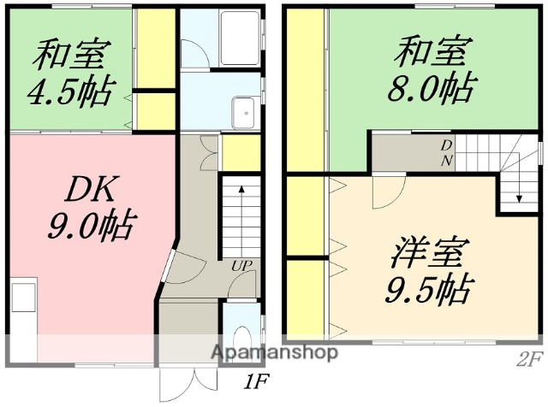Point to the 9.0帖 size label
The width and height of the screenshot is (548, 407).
coord(89,227)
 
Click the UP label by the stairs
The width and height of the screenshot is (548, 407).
coord(241,266)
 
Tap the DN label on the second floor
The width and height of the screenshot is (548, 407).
coord(446,152)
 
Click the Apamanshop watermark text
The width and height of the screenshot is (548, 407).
coord(267,351)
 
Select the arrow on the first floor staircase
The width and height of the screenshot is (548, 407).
coord(242,205)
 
